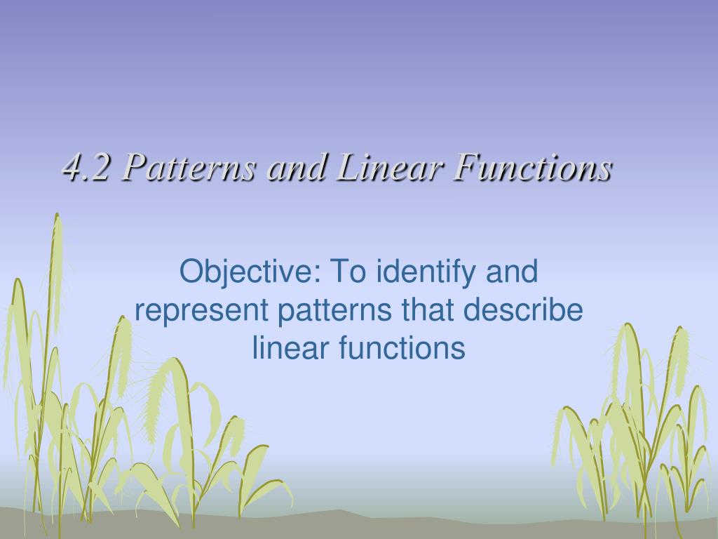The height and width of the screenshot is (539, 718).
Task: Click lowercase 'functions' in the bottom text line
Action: (398, 348)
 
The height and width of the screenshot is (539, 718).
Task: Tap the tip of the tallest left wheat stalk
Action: (57, 216)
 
